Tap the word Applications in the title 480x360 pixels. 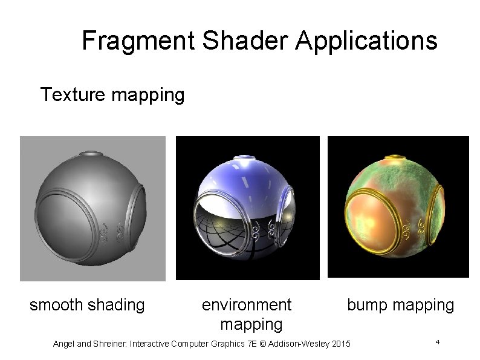point(366,41)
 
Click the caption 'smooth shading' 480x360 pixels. point(87,305)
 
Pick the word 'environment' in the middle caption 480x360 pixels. point(246,304)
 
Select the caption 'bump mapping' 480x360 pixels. point(400,305)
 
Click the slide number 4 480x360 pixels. point(436,343)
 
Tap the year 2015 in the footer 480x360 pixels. point(340,344)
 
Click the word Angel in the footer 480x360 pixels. point(65,344)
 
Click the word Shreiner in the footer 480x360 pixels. point(109,344)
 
